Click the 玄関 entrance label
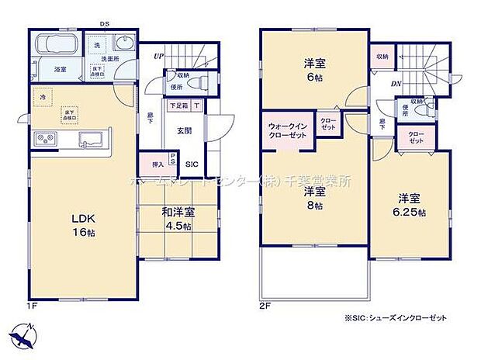185,129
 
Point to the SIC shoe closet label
192,164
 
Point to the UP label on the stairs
158,56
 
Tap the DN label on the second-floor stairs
395,84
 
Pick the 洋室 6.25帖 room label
410,206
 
